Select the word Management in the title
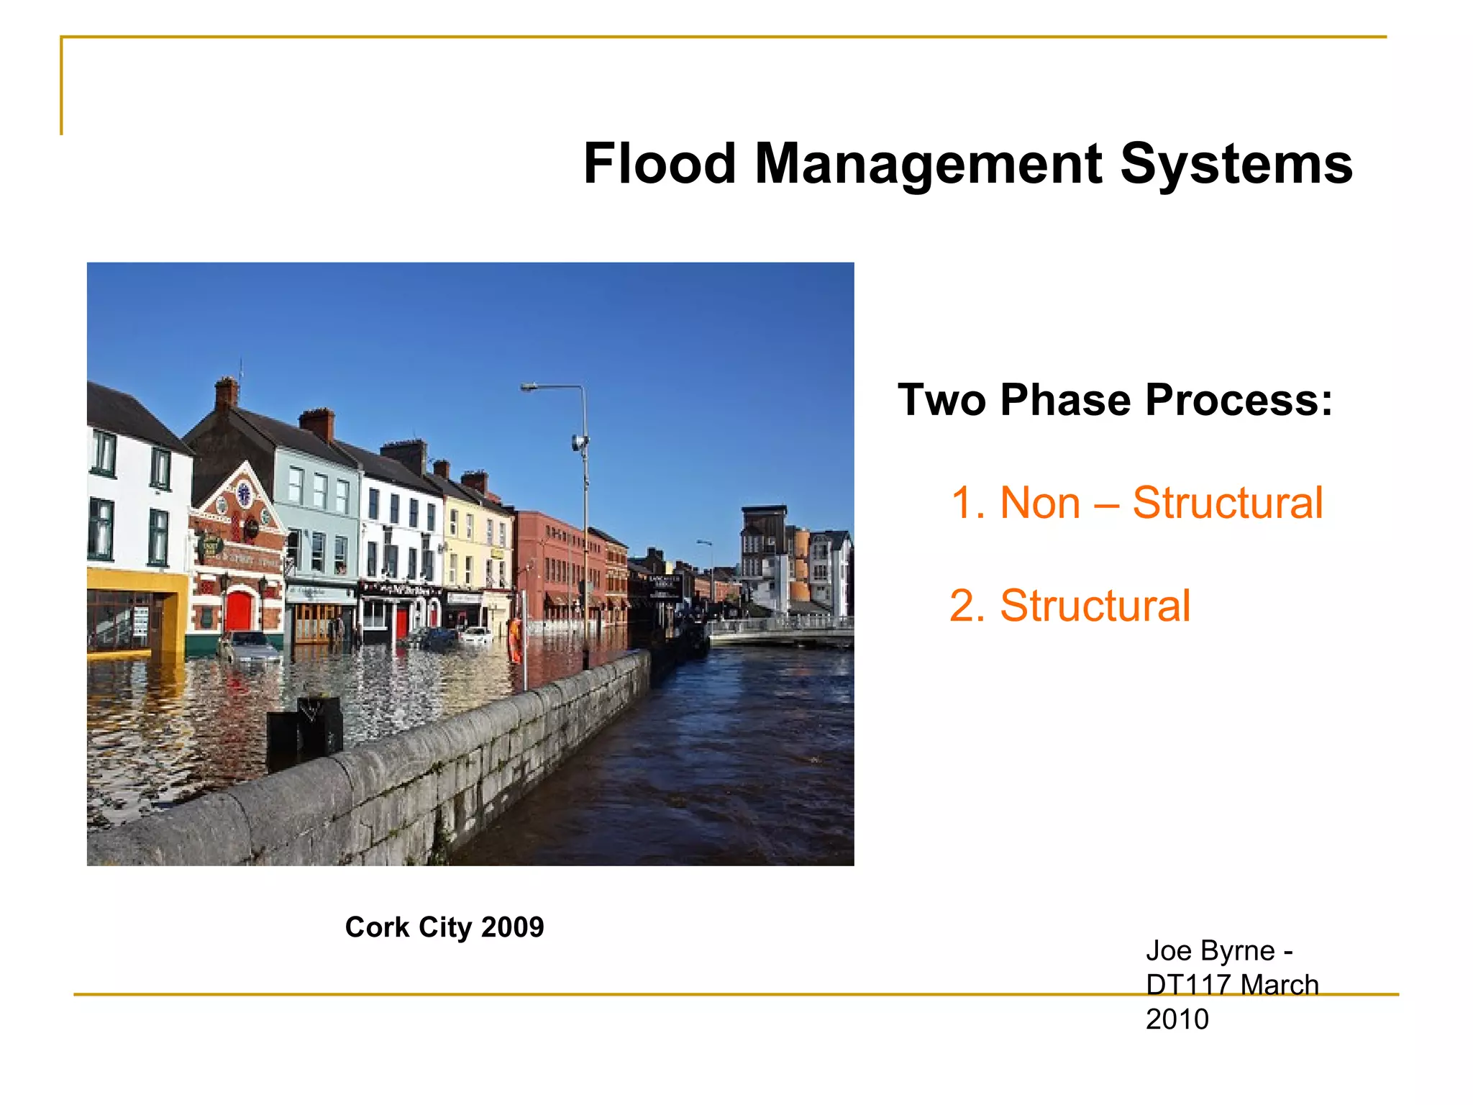tap(928, 164)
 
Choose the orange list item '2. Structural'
tap(1070, 605)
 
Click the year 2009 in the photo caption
tap(512, 927)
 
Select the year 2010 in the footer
tap(1177, 1019)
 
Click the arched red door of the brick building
tap(239, 611)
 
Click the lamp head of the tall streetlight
tap(529, 388)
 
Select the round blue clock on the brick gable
tap(244, 494)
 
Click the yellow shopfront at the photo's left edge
tap(137, 611)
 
